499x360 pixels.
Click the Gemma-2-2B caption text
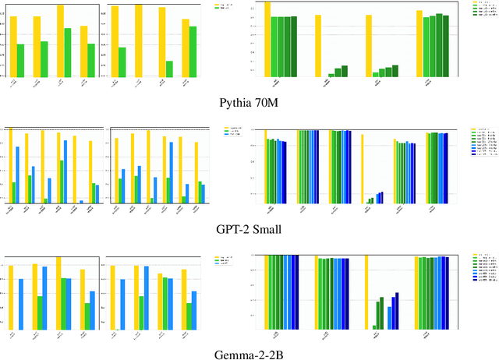(249, 355)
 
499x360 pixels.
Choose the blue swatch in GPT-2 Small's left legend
(227, 135)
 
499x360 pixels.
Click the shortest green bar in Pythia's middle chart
(169, 69)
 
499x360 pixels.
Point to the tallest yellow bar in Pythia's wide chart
(267, 39)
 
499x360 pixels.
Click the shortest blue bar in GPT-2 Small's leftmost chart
(81, 201)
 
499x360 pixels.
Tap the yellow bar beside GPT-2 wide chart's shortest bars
(362, 168)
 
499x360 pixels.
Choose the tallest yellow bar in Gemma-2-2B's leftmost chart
(58, 293)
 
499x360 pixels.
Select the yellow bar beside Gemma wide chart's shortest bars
(366, 292)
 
